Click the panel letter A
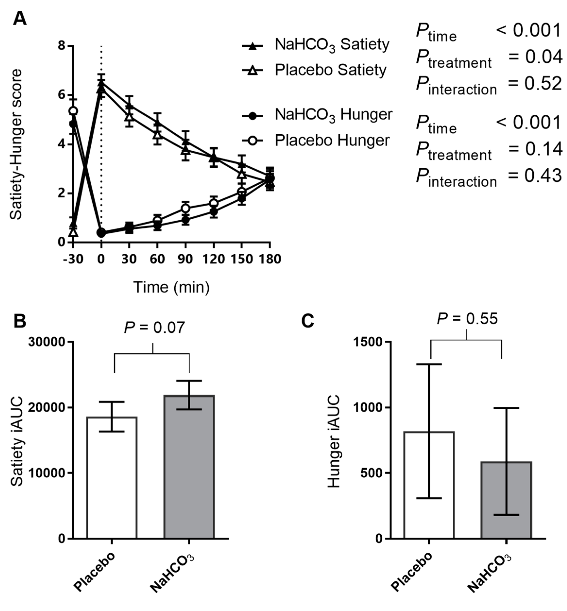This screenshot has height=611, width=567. (20, 19)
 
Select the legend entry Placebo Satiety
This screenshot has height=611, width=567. (330, 70)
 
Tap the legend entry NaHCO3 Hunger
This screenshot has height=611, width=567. (333, 115)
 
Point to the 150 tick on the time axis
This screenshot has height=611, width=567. (241, 259)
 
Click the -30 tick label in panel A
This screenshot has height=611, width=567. (73, 259)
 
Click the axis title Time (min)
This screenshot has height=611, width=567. (171, 287)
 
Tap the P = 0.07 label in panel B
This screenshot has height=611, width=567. (154, 327)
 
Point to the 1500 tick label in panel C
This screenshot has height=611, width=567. (368, 342)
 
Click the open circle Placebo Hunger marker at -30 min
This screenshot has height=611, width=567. (73, 111)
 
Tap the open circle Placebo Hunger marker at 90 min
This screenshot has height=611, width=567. (185, 208)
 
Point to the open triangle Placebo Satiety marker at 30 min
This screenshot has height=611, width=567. (129, 117)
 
